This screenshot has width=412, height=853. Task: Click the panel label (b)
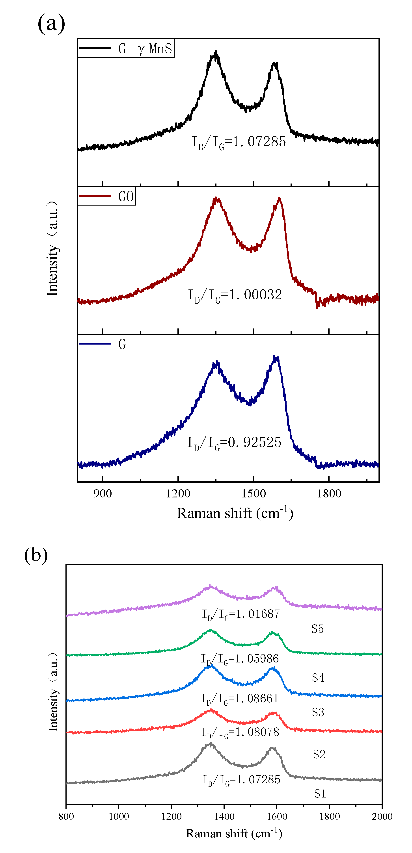(x=36, y=555)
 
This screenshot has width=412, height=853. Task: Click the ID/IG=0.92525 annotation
(x=234, y=442)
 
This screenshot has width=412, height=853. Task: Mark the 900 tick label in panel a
(x=103, y=494)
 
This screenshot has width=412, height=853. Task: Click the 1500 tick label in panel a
(x=253, y=494)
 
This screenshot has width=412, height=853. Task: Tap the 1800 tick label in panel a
(x=329, y=494)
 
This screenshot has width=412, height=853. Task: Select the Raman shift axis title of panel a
(x=235, y=513)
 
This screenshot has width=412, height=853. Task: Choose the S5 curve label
(x=317, y=629)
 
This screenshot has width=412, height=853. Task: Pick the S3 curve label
(x=318, y=712)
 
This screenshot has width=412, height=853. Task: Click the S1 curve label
(x=320, y=794)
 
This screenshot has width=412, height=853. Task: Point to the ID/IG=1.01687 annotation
(x=241, y=614)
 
